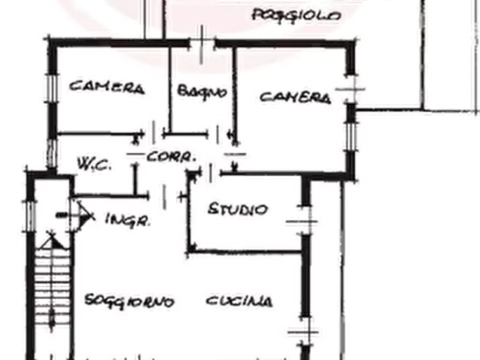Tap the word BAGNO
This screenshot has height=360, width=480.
click(x=202, y=91)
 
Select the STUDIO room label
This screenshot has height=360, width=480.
click(x=238, y=210)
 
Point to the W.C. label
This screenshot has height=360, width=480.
click(x=94, y=164)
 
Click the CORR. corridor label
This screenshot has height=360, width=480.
click(x=171, y=157)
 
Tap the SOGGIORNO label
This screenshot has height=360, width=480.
click(x=129, y=301)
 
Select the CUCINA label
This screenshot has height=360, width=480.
click(x=239, y=301)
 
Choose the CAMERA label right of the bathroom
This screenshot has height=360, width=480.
click(x=296, y=97)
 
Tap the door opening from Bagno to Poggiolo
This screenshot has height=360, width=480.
click(x=202, y=44)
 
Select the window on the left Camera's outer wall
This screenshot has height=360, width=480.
click(x=52, y=88)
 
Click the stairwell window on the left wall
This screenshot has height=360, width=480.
click(x=30, y=216)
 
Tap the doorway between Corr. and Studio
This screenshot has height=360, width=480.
click(x=211, y=174)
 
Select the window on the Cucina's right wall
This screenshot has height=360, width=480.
click(x=305, y=332)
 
